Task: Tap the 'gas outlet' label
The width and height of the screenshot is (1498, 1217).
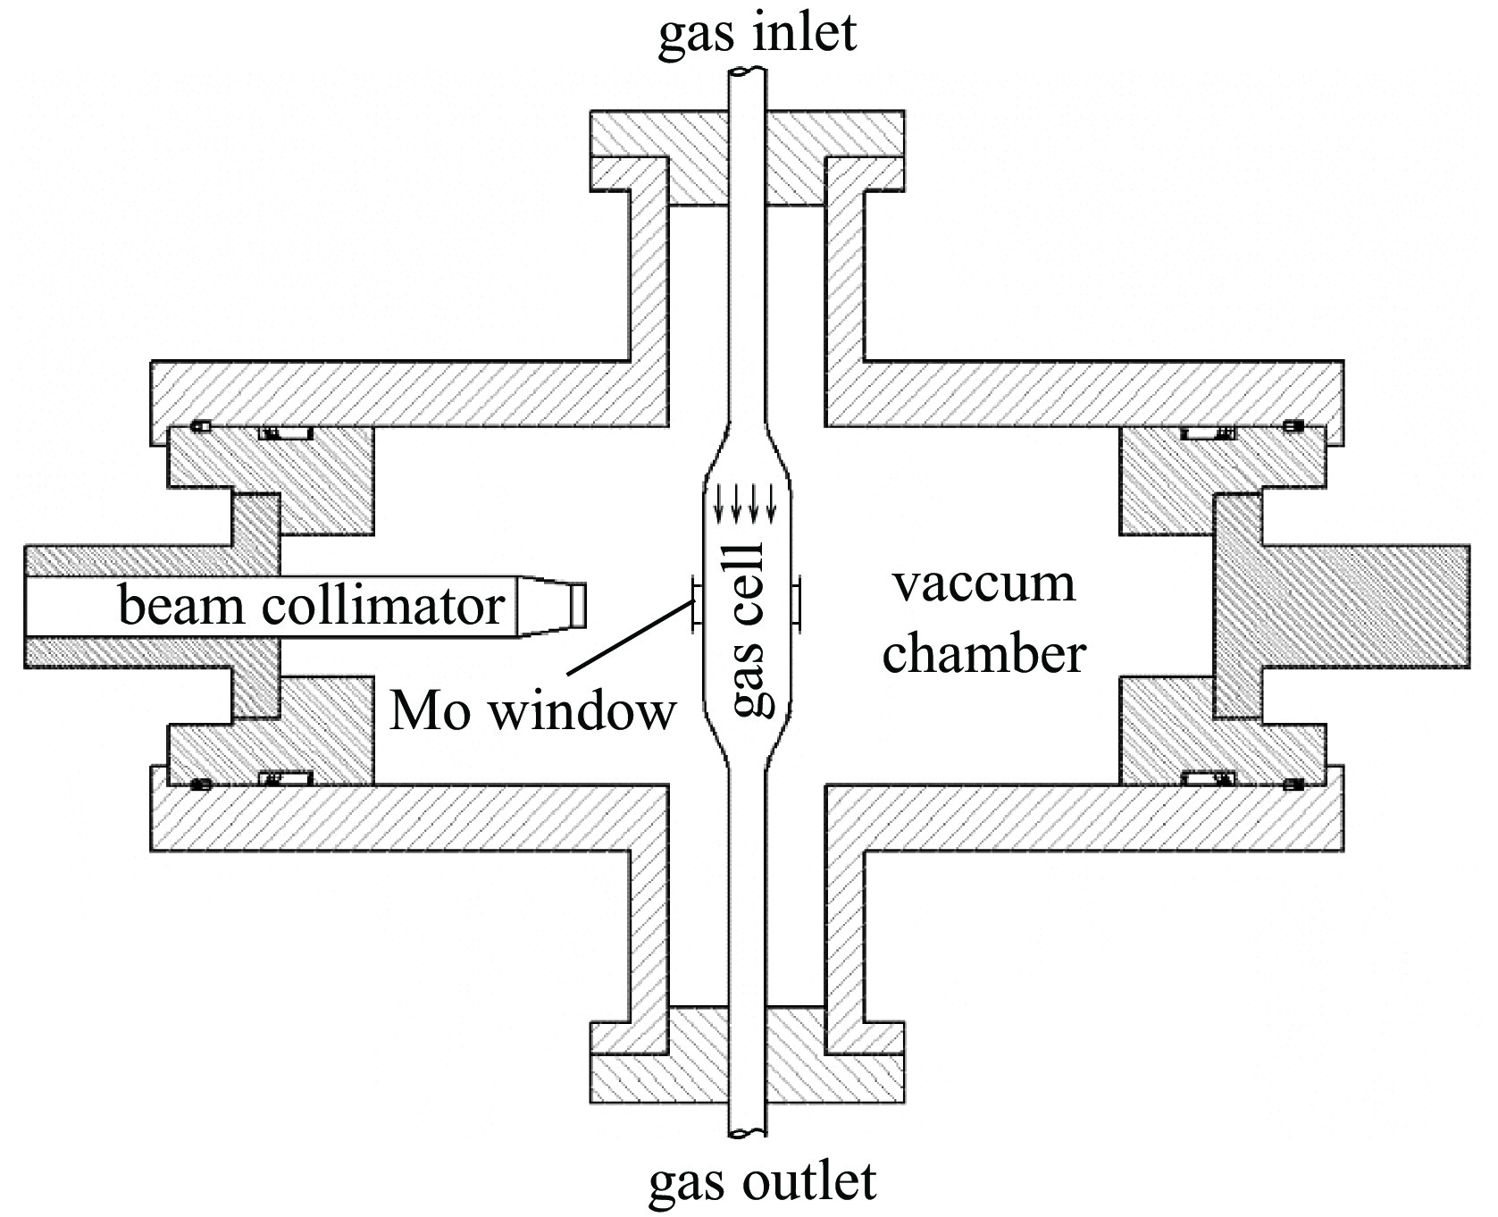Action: (762, 1181)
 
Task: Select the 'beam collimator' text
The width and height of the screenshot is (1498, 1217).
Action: (311, 606)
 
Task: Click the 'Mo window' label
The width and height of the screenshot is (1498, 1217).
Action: (532, 713)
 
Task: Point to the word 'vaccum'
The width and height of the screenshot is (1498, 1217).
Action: (984, 584)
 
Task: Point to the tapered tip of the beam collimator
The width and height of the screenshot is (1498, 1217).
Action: (551, 606)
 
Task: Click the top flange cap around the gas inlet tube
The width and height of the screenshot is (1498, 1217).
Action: (747, 156)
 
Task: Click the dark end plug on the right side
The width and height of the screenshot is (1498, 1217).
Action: (1340, 606)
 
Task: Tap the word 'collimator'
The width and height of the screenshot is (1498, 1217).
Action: (385, 606)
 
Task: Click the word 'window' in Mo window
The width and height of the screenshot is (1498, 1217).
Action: (581, 713)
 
